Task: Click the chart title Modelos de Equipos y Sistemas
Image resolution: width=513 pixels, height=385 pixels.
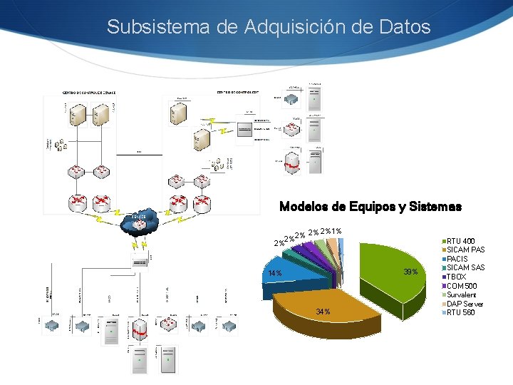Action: (370, 207)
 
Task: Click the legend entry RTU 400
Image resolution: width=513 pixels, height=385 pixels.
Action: (461, 241)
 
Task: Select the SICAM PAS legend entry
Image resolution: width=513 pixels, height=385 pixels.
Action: (465, 250)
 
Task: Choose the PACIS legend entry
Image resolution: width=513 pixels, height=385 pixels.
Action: (457, 259)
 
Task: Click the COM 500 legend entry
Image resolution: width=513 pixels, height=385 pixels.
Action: (462, 286)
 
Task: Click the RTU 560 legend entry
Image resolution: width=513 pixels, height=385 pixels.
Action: (461, 312)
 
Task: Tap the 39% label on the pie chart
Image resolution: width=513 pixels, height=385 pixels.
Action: (410, 272)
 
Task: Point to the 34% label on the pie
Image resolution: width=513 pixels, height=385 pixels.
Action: (323, 312)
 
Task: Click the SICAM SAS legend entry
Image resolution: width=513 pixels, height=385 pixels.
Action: (465, 268)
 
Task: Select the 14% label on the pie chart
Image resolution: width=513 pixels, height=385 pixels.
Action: (275, 274)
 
